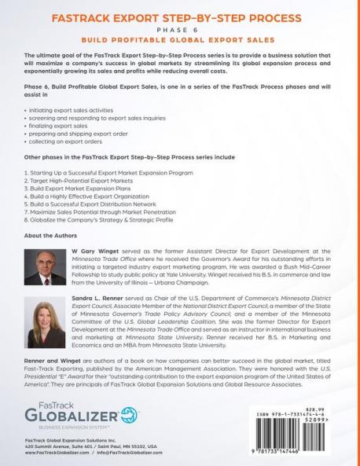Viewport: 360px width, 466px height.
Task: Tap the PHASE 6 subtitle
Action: [179, 27]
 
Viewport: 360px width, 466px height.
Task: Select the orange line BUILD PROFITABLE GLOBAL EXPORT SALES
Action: [179, 38]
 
